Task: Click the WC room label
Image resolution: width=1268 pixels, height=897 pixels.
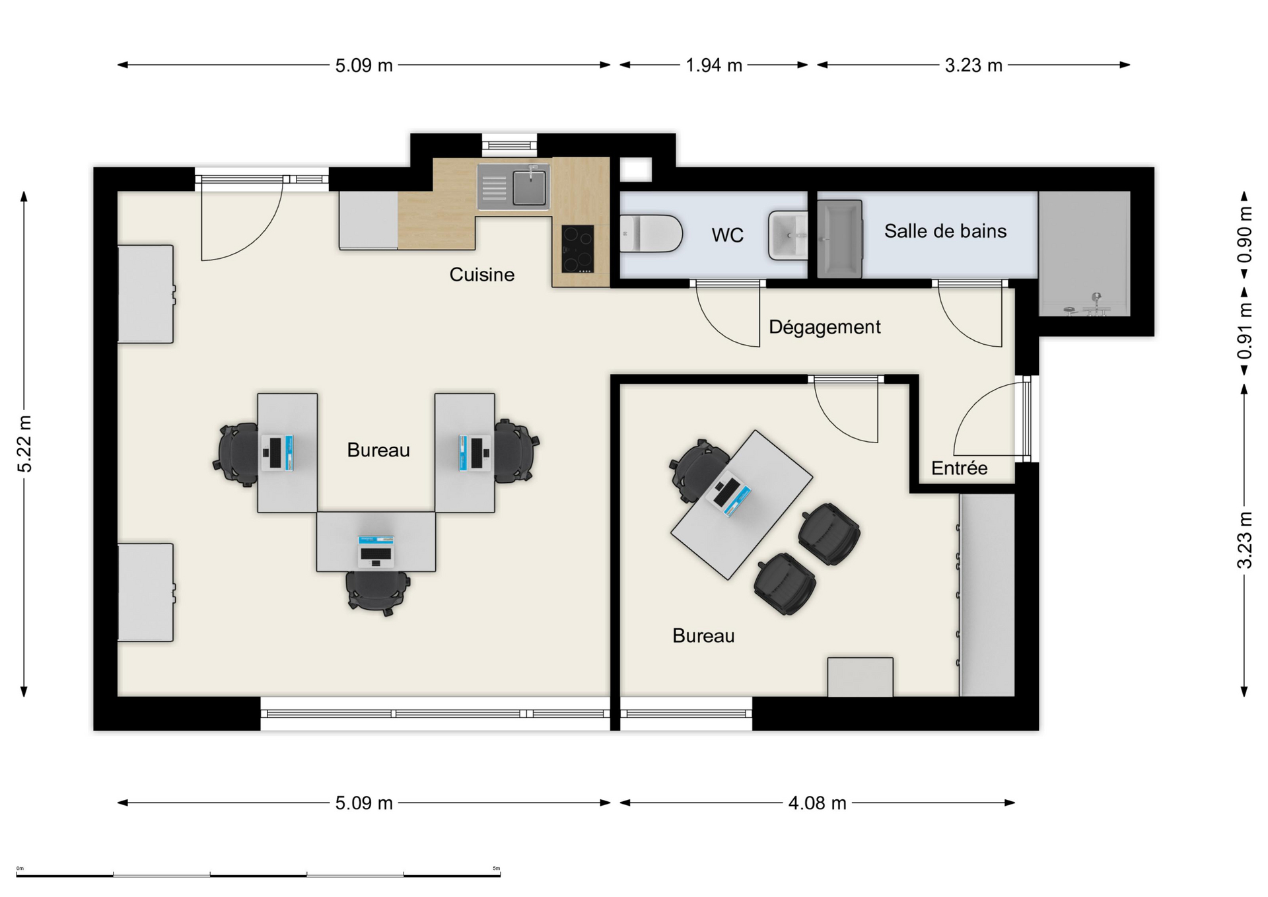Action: point(727,234)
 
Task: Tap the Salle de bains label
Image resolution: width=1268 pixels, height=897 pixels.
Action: point(945,231)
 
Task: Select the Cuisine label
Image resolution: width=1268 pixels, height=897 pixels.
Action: point(481,274)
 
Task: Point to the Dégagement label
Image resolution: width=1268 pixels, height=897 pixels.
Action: point(824,327)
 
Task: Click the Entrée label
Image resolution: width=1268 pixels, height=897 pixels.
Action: point(959,468)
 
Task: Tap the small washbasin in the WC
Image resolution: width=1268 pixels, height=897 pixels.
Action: point(788,235)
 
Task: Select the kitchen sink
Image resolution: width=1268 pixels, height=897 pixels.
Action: point(513,187)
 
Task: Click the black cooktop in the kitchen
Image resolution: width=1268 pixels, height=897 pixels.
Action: point(577,249)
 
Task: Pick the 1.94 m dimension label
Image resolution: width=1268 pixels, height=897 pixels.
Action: point(713,65)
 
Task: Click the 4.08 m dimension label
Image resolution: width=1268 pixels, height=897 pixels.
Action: point(817,803)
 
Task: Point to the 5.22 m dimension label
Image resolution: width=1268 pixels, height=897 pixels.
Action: point(24,444)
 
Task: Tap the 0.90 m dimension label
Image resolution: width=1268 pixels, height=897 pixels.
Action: point(1244,234)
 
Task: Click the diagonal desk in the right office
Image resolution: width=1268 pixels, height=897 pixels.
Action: point(742,505)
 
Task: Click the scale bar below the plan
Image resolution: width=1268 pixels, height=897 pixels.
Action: point(258,875)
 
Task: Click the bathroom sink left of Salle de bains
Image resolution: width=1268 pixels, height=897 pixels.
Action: point(840,239)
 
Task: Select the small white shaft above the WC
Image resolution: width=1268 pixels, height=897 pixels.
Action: point(635,170)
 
